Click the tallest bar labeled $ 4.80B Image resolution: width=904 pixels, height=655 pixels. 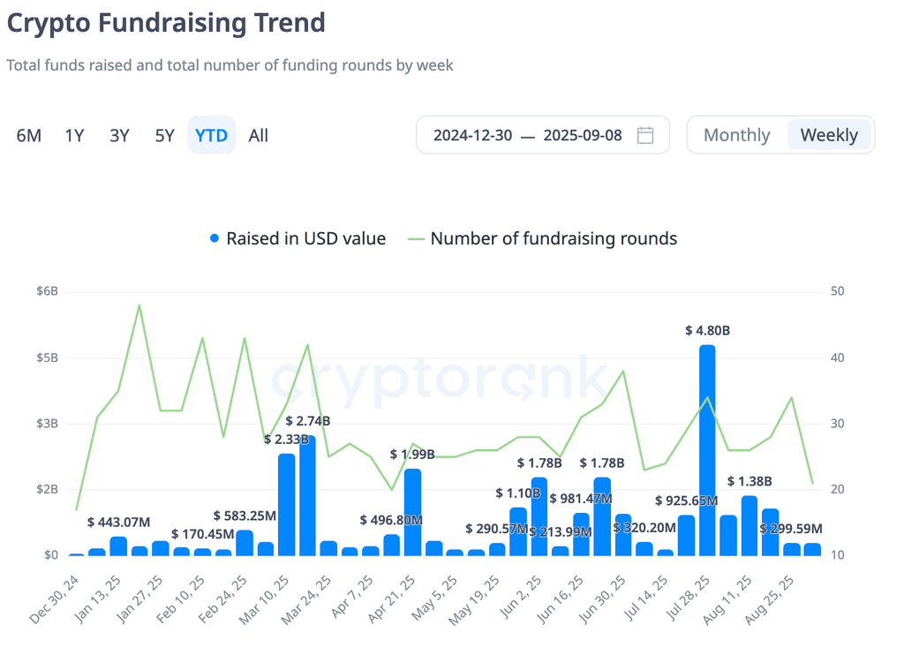707,450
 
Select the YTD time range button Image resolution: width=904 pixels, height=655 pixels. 212,135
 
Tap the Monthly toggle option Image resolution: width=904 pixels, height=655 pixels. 737,135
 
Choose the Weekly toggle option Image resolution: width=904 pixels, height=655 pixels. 829,135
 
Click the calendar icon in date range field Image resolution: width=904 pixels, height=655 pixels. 645,135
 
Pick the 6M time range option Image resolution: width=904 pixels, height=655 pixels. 29,135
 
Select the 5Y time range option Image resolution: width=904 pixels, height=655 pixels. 165,135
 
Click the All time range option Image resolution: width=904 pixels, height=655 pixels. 259,135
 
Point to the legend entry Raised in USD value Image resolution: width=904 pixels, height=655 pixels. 298,238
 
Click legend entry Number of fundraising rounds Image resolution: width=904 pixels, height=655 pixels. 543,238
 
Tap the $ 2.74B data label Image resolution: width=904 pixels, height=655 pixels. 308,421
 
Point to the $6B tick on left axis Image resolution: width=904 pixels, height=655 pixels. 48,291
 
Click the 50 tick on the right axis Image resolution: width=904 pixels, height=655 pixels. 837,291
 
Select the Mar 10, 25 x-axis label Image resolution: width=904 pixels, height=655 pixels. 264,599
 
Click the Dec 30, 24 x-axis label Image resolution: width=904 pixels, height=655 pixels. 54,599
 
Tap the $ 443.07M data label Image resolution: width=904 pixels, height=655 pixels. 119,523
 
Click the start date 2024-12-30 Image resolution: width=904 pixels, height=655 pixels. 473,135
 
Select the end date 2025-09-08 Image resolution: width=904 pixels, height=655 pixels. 583,135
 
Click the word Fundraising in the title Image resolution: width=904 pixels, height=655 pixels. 172,23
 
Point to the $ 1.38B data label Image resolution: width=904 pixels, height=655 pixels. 750,481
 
